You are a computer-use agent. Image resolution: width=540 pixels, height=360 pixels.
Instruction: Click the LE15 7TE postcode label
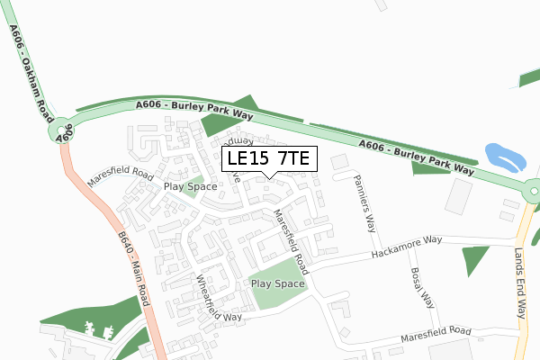[x=267, y=158]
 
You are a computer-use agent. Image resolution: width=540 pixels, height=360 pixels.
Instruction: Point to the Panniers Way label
[x=365, y=202]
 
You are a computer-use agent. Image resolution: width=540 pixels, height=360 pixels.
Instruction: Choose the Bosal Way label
[x=423, y=289]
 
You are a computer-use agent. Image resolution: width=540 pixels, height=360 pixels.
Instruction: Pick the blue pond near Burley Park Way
[x=503, y=157]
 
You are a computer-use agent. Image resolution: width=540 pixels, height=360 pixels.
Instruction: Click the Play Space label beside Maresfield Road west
[x=190, y=186]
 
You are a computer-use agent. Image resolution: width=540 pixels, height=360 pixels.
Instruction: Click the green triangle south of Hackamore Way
[x=474, y=259]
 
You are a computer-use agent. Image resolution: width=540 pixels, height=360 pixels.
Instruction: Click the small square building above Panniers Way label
[x=338, y=162]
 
